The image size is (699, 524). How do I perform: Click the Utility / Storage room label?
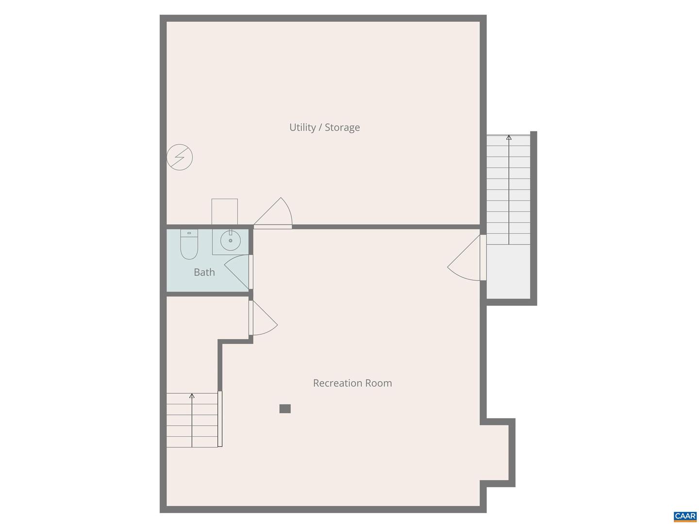pos(324,128)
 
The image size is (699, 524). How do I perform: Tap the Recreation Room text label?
pos(352,383)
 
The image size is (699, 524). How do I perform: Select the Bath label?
pos(204,272)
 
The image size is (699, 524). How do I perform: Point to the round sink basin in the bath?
pos(230,240)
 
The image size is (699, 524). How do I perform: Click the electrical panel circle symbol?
pos(180,157)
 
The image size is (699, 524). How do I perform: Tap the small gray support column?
pos(285,409)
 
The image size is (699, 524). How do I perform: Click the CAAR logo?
pos(685,516)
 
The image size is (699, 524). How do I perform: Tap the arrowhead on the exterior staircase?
pos(509,137)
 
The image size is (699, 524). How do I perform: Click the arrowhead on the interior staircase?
pos(192,396)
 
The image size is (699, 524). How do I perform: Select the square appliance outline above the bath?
pos(224,212)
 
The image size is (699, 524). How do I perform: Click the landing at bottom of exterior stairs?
pos(508,271)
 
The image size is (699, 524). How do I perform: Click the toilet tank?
pos(189,233)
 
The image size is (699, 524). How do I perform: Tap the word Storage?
pos(342,128)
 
